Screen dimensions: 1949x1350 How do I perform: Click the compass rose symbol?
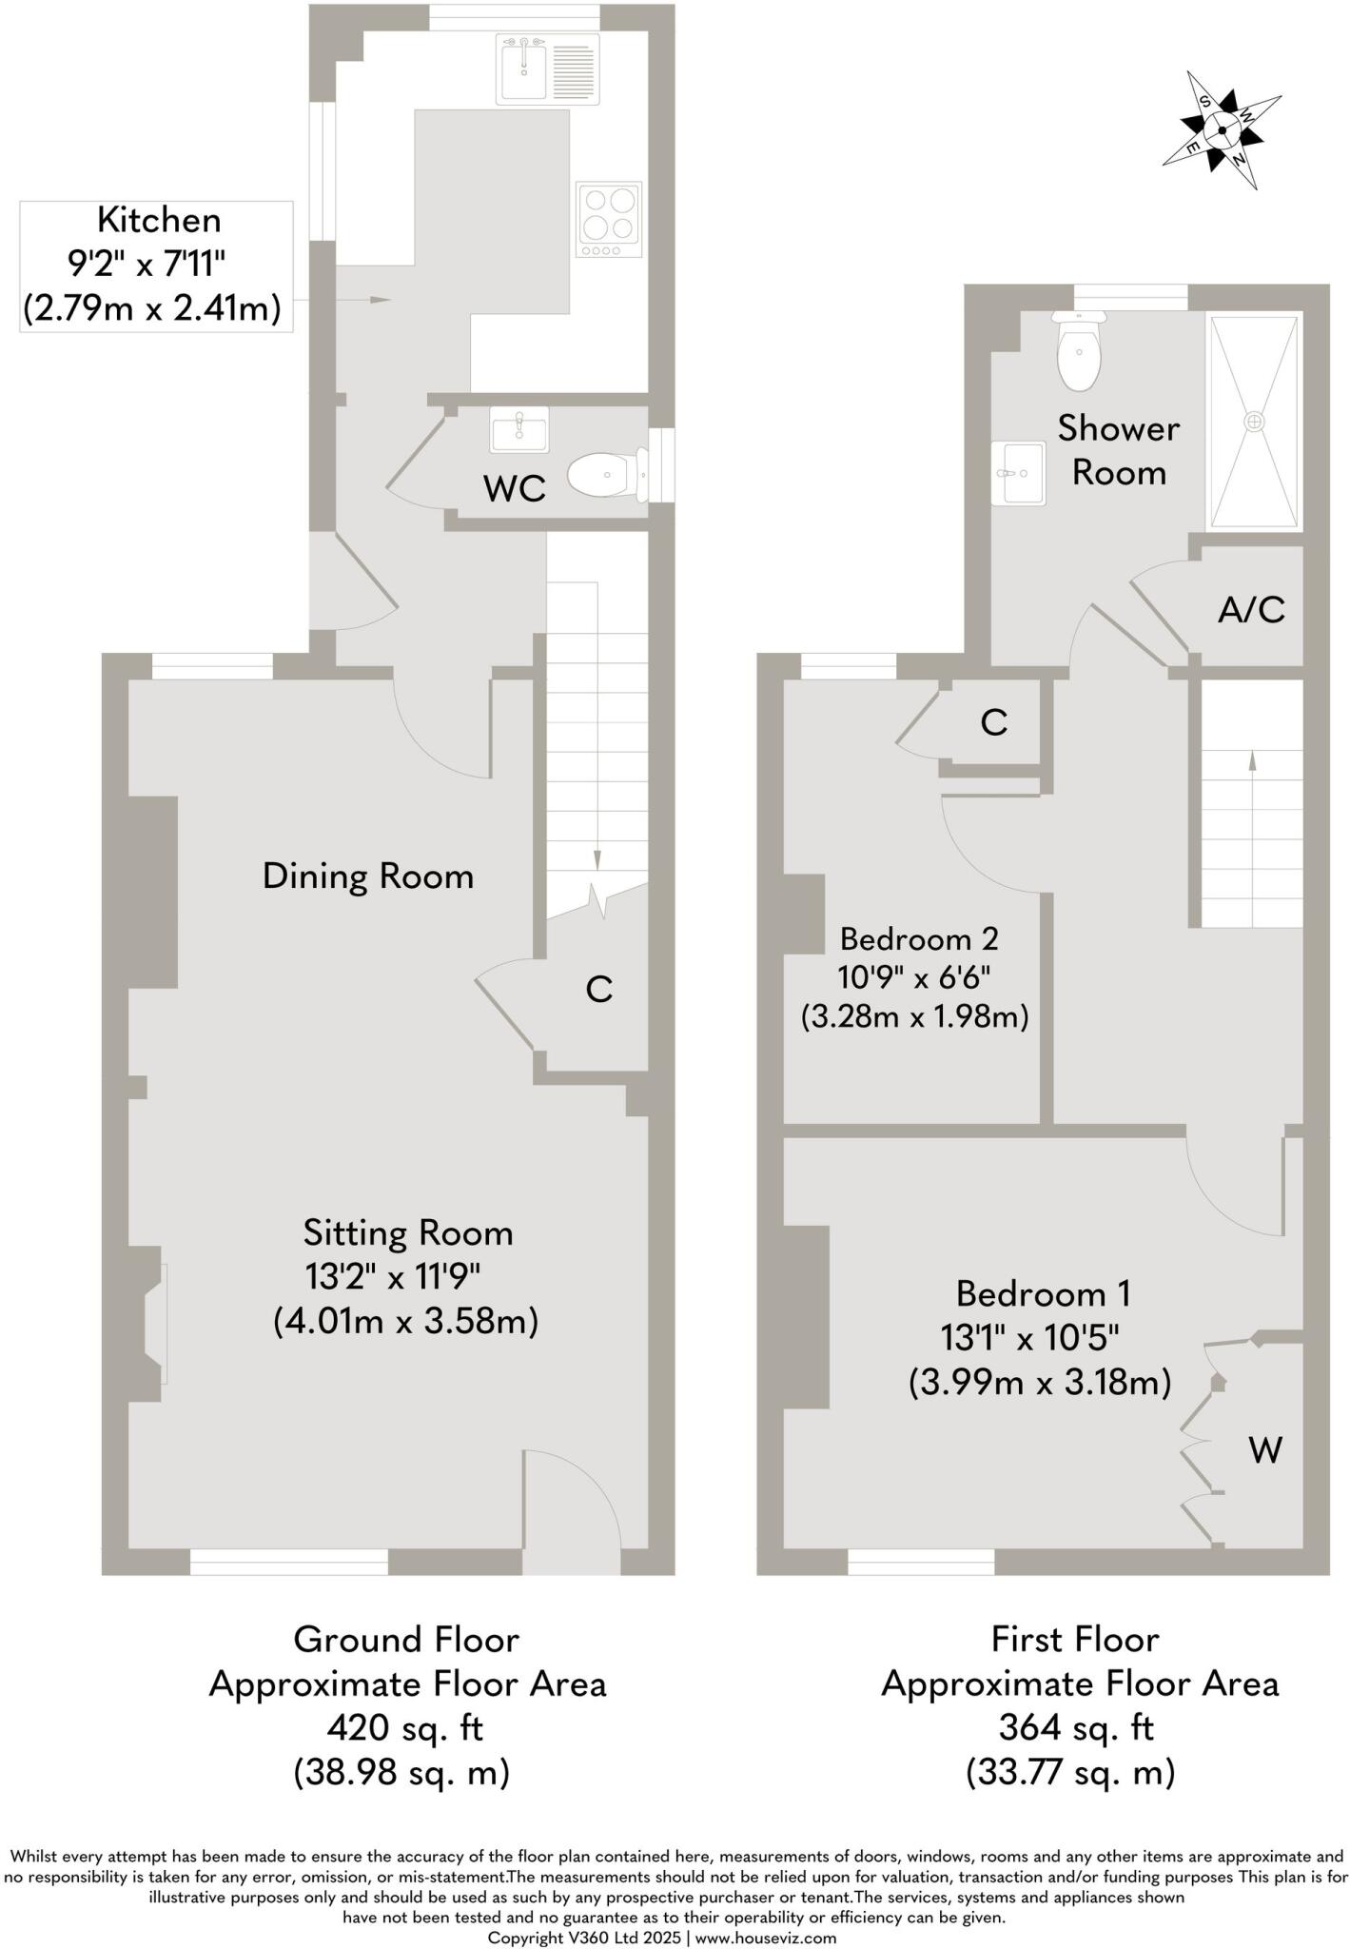tap(1222, 130)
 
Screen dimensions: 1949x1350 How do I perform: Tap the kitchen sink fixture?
tap(546, 69)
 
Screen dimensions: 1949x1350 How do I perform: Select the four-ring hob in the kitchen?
tap(609, 219)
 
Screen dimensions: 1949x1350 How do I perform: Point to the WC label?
tap(514, 489)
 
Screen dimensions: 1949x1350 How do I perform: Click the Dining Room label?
tap(368, 876)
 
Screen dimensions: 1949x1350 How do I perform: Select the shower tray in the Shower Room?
tap(1253, 422)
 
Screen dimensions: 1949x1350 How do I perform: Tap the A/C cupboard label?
tap(1251, 610)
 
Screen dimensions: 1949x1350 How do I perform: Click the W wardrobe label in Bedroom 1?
tap(1265, 1450)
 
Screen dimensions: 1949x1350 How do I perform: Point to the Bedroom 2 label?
tap(919, 939)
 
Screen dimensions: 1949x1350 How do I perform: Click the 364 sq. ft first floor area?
tap(1076, 1727)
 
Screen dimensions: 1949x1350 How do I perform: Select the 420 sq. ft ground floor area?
tap(405, 1727)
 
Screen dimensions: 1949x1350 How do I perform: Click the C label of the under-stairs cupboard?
tap(598, 991)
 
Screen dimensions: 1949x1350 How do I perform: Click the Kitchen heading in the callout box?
tap(159, 220)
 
